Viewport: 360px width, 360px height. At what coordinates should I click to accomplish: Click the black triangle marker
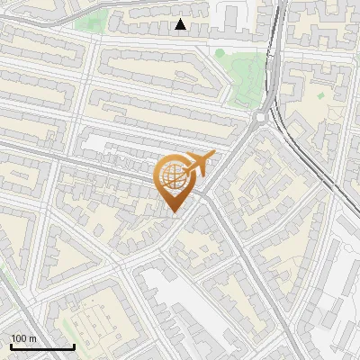181,24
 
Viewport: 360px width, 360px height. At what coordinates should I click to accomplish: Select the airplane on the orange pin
201,163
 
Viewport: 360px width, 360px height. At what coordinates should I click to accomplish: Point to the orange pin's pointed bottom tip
174,212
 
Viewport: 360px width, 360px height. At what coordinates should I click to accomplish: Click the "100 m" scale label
24,337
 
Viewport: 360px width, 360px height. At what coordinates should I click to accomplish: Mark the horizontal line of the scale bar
41,346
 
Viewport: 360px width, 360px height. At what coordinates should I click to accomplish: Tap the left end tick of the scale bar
10,345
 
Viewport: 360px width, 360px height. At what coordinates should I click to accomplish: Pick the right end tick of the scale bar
74,345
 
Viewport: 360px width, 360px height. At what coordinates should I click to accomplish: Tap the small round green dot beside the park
220,54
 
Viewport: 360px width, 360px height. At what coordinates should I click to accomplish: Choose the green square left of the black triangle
90,21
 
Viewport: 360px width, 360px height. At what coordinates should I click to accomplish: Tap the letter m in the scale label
32,337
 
